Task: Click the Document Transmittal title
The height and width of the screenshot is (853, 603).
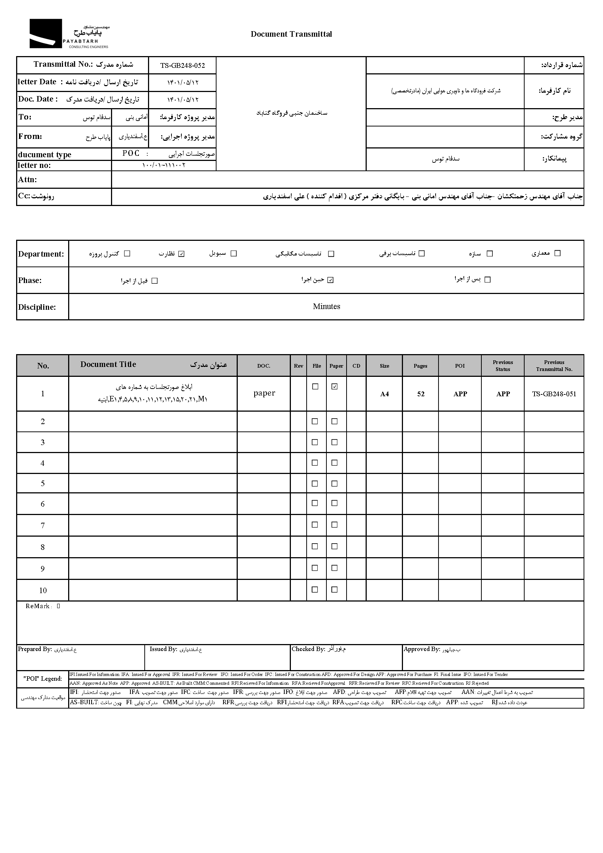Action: tap(291, 34)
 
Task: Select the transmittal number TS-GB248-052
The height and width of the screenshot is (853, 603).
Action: tap(182, 65)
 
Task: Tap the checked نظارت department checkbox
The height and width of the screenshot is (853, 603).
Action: tap(181, 254)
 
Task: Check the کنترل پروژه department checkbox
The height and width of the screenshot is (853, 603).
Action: tap(127, 254)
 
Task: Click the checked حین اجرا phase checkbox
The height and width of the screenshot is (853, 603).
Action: tap(330, 280)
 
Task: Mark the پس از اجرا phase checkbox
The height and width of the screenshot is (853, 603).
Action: tap(488, 280)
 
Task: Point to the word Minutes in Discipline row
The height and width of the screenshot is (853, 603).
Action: tap(326, 306)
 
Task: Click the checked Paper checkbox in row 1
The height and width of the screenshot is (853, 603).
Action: tap(334, 387)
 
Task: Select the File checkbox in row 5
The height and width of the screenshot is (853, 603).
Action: tap(315, 484)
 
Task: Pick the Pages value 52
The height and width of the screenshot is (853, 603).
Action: tap(421, 394)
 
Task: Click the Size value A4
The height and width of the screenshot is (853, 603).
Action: tap(384, 394)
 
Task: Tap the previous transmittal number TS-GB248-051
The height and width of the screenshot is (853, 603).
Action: tap(554, 394)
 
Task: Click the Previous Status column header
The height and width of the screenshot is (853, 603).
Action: tap(503, 365)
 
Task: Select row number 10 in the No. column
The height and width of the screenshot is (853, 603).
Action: tap(43, 590)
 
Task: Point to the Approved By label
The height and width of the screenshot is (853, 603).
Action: tap(421, 649)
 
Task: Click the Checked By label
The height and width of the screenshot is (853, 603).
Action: tap(308, 649)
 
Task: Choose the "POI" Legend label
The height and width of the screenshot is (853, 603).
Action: tap(43, 679)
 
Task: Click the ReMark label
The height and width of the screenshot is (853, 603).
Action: tap(38, 606)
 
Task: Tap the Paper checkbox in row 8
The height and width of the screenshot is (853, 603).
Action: tap(334, 547)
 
